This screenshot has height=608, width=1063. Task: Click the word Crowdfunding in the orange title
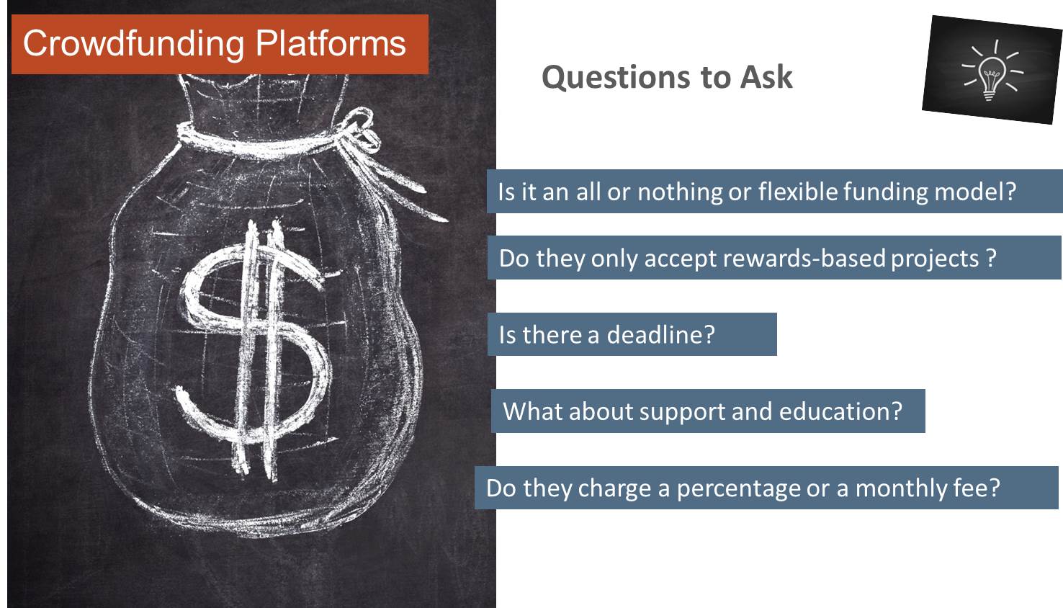click(x=133, y=44)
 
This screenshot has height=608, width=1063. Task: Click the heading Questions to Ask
click(x=667, y=77)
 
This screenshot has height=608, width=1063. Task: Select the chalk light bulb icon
click(x=992, y=71)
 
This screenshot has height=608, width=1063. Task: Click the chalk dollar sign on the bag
click(x=255, y=348)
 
